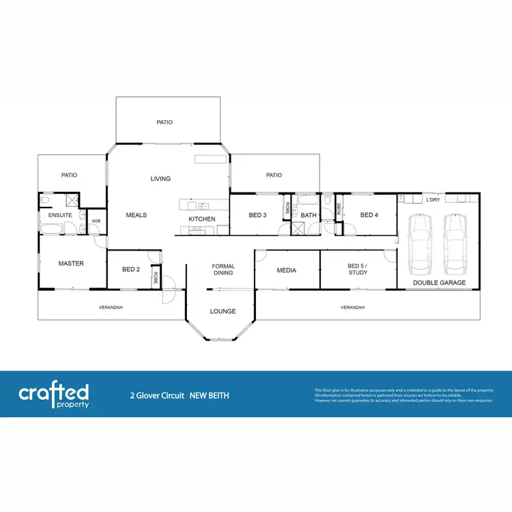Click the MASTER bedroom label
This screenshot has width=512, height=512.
point(71,264)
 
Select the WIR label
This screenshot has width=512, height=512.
point(96,221)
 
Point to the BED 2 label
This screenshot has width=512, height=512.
point(131,270)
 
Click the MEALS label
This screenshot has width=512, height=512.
point(137,215)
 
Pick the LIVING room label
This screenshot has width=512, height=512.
point(160,179)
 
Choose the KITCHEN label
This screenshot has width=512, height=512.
point(202,219)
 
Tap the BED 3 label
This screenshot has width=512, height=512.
point(257,215)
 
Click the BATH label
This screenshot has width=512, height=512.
point(309,216)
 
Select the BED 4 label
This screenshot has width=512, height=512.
point(369,215)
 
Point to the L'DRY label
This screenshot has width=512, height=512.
point(433,200)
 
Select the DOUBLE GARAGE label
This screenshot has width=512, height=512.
point(440,283)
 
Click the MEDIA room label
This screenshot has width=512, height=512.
point(287,270)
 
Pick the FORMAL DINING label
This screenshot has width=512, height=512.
point(223,270)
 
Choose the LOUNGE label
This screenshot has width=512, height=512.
point(223,311)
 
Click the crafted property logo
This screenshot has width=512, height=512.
point(54,395)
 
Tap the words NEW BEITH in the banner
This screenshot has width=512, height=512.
point(209,395)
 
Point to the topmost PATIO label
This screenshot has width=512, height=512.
point(165,122)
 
